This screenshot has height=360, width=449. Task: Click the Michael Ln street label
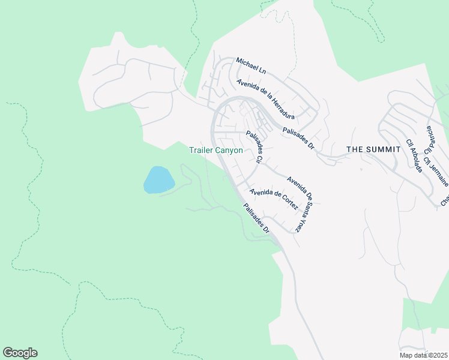(x=250, y=65)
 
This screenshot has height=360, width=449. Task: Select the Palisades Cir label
(x=255, y=148)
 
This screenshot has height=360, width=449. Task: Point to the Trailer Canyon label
(x=216, y=151)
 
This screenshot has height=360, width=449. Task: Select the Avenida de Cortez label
(x=274, y=199)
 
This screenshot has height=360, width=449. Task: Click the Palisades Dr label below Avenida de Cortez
(x=256, y=219)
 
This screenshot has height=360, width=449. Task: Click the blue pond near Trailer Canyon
(x=158, y=180)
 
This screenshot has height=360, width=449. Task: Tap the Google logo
(x=20, y=353)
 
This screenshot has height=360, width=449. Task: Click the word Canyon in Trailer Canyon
(x=229, y=151)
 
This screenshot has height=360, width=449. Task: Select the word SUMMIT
(x=383, y=149)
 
